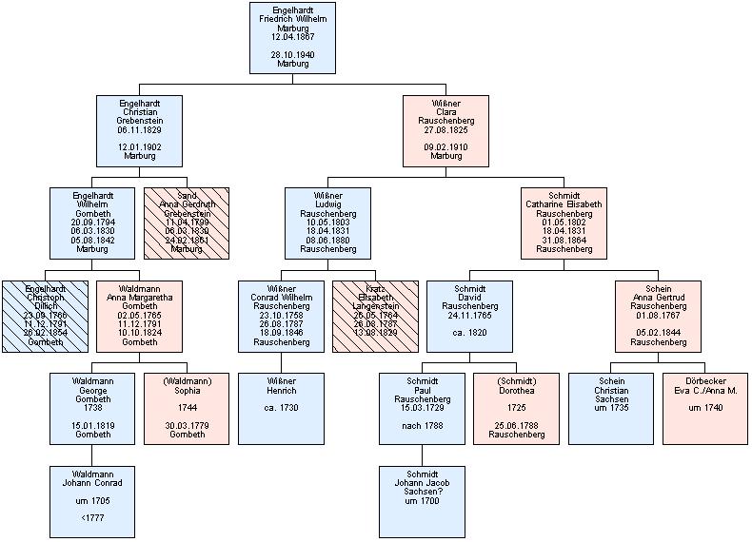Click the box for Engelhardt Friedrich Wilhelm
click(292, 38)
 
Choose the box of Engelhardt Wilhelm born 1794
click(92, 223)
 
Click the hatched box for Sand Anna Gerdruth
click(187, 223)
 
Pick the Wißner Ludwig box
click(327, 223)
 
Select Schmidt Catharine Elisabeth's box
click(564, 223)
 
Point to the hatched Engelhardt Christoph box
click(45, 316)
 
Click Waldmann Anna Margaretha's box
click(139, 316)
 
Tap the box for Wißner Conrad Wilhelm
click(281, 316)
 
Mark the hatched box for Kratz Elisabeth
click(374, 316)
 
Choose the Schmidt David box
click(469, 316)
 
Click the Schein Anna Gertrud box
click(658, 316)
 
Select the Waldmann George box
click(92, 409)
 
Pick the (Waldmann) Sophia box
click(187, 409)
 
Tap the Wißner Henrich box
click(281, 409)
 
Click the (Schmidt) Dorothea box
click(516, 409)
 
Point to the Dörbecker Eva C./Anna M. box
click(705, 409)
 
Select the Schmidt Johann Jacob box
click(422, 501)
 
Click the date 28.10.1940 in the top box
click(292, 55)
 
